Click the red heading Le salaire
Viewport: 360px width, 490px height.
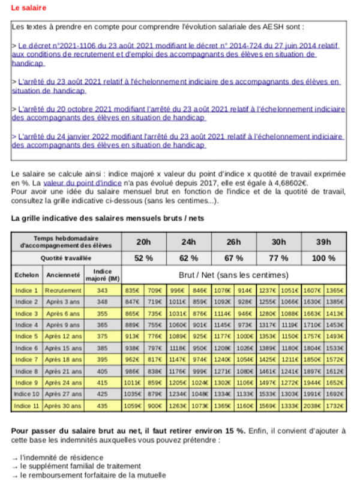[x=29, y=8]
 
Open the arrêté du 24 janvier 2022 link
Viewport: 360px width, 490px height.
[x=180, y=137]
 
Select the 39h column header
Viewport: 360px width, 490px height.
[x=323, y=241]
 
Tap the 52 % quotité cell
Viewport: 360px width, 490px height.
[x=143, y=258]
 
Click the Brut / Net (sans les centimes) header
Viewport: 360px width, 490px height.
[x=234, y=275]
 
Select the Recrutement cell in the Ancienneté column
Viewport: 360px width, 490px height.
[x=63, y=290]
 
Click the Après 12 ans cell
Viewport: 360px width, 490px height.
[x=63, y=336]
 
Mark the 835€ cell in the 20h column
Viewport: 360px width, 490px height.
[x=132, y=290]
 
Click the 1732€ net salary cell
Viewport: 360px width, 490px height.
[x=335, y=405]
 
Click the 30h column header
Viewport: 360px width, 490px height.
[x=278, y=241]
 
